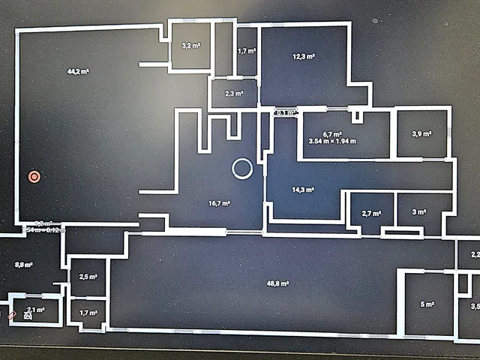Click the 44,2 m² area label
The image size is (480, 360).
[78, 71]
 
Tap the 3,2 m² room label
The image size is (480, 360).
[190, 46]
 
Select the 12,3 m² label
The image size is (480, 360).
[303, 56]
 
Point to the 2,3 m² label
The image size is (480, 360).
[233, 94]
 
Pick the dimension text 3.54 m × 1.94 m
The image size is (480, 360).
[331, 140]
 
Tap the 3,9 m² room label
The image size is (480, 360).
[421, 133]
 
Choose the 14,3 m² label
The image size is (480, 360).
[303, 190]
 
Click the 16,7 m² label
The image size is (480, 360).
[219, 203]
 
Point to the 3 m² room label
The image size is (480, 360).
[419, 213]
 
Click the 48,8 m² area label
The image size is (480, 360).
[278, 283]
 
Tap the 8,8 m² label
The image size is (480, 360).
[25, 264]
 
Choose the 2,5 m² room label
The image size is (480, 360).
[88, 277]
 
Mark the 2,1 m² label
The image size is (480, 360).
[35, 309]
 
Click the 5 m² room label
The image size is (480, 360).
[427, 304]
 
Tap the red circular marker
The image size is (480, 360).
[34, 177]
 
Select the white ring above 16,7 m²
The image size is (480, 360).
[241, 169]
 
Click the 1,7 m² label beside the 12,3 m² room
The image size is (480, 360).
[247, 52]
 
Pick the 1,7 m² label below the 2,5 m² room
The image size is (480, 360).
[88, 312]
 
